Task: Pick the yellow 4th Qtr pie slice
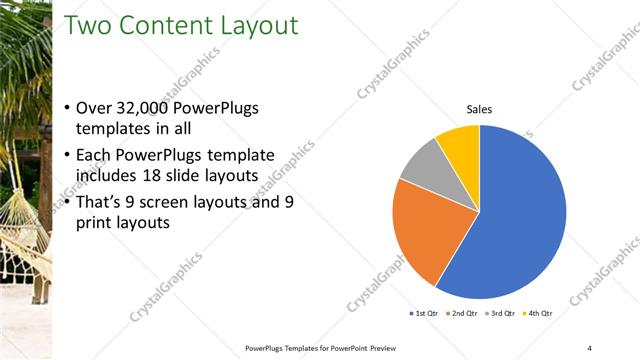pos(460,143)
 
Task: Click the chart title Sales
pos(480,109)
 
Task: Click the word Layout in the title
pos(253,26)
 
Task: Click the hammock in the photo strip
pos(22,220)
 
